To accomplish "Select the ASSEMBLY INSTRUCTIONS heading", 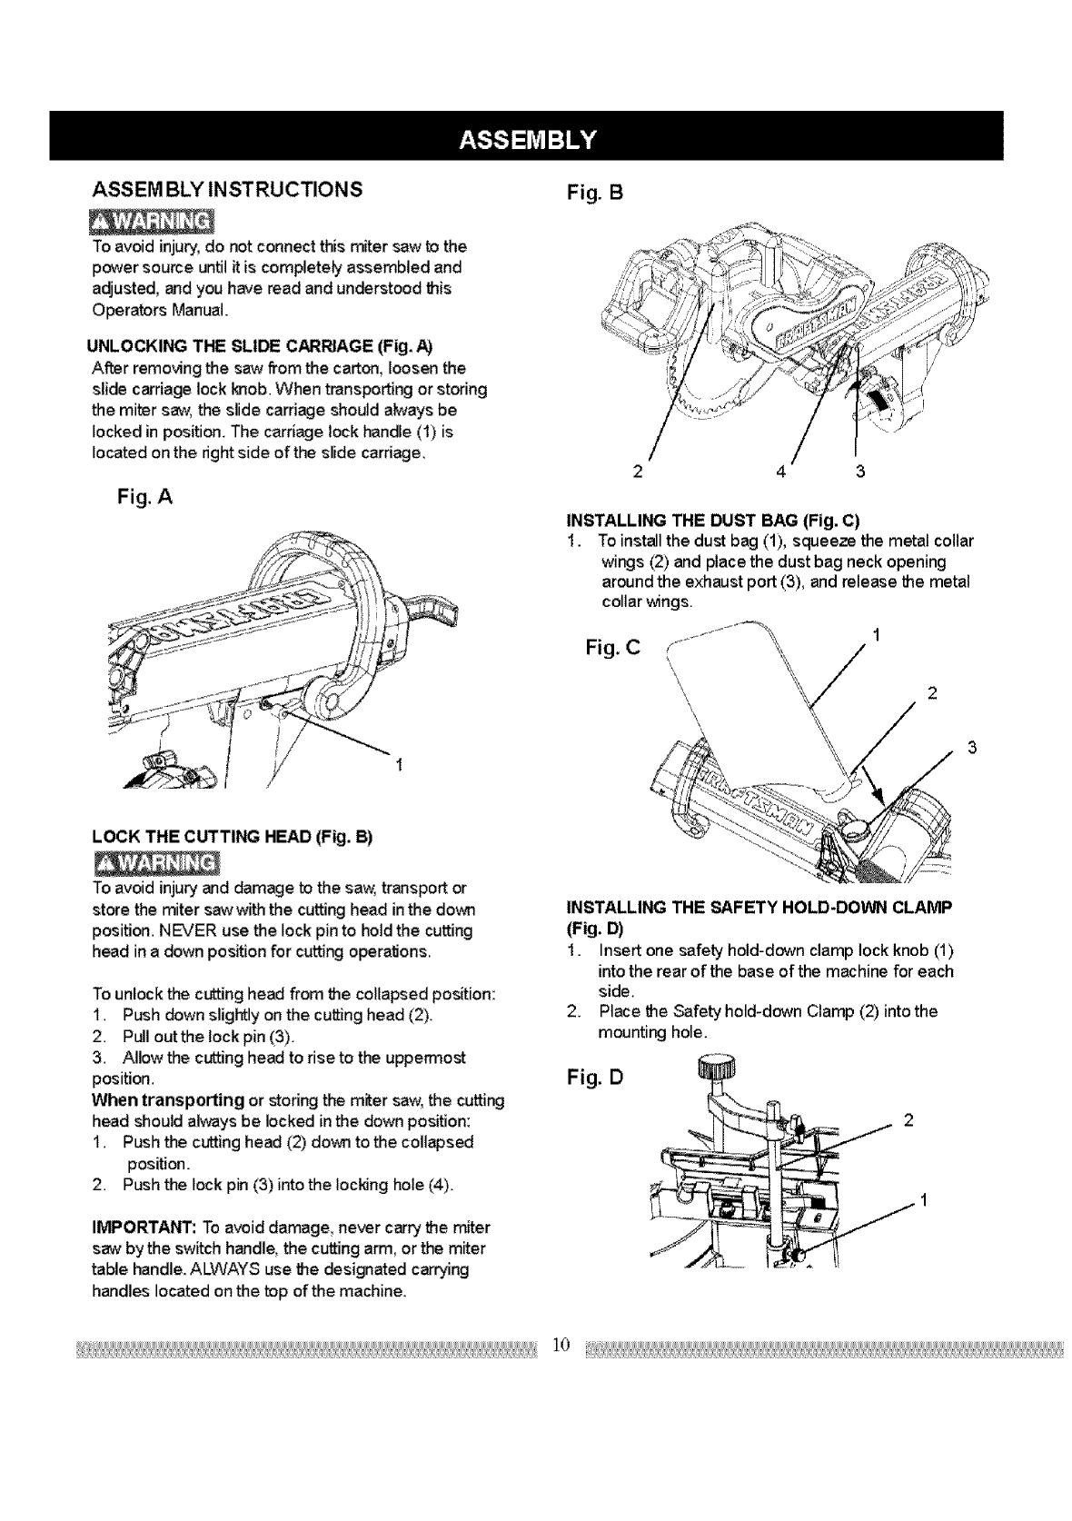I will click(x=227, y=190).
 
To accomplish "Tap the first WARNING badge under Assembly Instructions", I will click(x=151, y=221).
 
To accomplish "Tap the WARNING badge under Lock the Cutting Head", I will click(x=151, y=862).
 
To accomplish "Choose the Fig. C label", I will click(x=615, y=648).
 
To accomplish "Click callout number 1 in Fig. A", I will click(x=398, y=762).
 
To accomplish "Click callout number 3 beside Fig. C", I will click(x=971, y=748).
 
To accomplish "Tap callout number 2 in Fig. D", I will click(x=908, y=1118).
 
